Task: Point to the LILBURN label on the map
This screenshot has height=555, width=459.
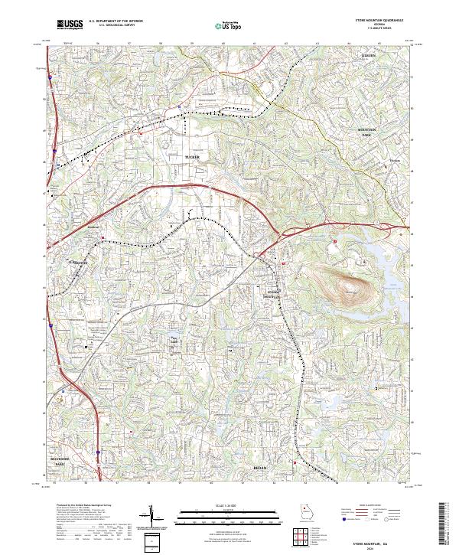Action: coord(371,56)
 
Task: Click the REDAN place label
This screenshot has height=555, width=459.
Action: coord(259,465)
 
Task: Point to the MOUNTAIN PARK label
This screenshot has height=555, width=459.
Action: coord(371,132)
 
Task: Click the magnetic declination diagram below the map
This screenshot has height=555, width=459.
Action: coord(155,517)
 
